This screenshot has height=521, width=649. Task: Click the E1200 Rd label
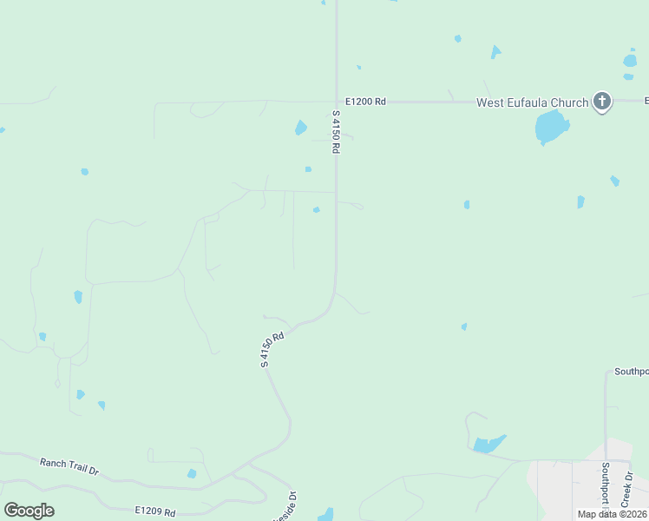(x=364, y=102)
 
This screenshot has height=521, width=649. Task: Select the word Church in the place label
(x=570, y=102)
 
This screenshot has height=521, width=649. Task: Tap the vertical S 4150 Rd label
(x=335, y=131)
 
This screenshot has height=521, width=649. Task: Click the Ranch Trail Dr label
(x=69, y=466)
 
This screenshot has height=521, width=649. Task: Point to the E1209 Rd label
(x=156, y=512)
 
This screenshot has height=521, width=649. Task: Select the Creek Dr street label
(x=627, y=491)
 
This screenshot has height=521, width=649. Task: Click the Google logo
(x=29, y=511)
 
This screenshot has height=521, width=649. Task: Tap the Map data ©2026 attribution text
(x=612, y=514)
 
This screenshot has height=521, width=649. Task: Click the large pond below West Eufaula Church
(x=551, y=128)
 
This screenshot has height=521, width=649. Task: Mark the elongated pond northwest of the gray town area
(x=488, y=445)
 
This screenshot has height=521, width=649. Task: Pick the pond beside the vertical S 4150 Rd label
(x=301, y=128)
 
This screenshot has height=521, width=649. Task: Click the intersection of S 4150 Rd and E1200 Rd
(x=336, y=102)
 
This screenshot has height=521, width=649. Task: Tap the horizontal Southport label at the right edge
(x=632, y=372)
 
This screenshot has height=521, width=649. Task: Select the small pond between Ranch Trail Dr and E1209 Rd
(x=192, y=474)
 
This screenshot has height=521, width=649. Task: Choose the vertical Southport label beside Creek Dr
(x=606, y=486)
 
